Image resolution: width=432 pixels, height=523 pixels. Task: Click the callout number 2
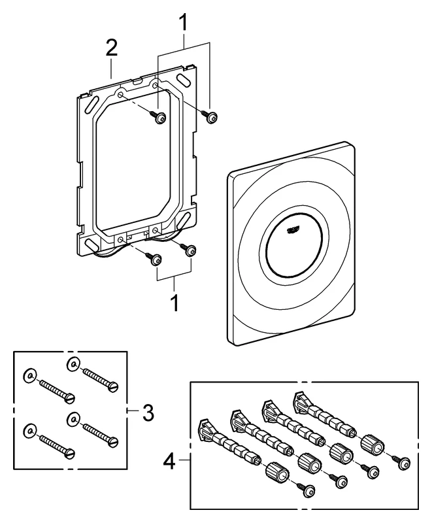pos(112,48)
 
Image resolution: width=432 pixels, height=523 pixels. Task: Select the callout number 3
pos(148,413)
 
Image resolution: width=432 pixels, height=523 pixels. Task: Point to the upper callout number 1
pos(184,24)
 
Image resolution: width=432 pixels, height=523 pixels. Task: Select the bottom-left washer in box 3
pos(29,430)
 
